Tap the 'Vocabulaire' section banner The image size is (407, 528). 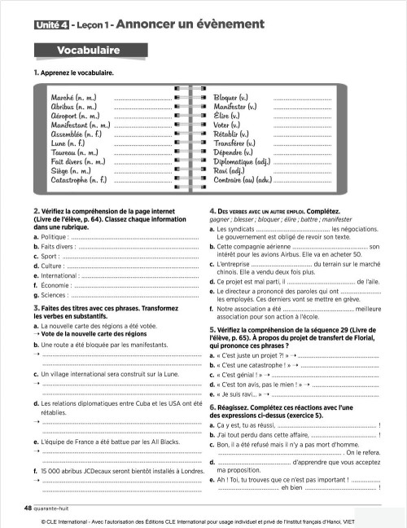click(89, 51)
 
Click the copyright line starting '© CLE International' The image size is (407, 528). click(203, 521)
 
